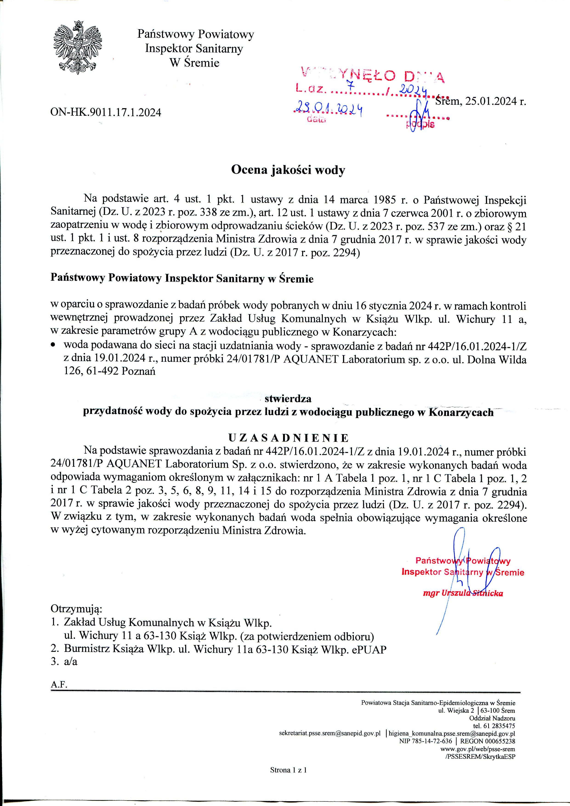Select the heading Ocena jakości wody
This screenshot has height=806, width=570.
coord(288,170)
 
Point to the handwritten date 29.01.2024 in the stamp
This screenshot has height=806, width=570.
coord(329,110)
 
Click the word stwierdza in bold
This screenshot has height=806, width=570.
coord(288,399)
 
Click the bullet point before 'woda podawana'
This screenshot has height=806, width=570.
coord(53,346)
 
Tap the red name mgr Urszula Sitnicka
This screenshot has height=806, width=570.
coord(463,593)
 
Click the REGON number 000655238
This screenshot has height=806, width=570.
coord(497,741)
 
